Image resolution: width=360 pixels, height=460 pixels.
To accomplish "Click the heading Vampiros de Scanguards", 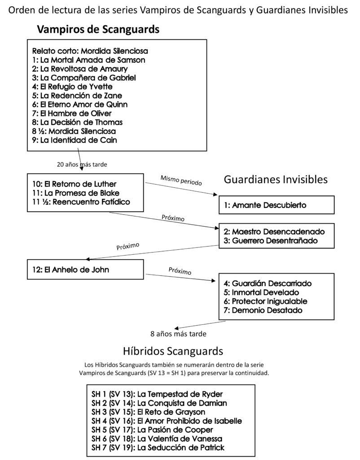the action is [98, 29].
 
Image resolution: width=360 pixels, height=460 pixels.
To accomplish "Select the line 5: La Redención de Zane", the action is [77, 96].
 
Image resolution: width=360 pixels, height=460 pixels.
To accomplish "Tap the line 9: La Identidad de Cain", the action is [75, 140].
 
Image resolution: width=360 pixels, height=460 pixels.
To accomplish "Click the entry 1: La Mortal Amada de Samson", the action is [88, 60].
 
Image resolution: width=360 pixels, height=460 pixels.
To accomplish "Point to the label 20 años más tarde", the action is [82, 164].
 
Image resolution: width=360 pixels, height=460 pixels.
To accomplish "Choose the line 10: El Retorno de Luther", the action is [75, 184].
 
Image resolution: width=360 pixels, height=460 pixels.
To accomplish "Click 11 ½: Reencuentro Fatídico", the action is [81, 202].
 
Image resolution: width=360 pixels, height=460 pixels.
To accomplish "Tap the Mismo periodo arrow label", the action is [181, 181].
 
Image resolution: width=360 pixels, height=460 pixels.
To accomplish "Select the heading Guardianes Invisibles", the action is [276, 179].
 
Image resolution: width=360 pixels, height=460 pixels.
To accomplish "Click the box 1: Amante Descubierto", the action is [277, 205].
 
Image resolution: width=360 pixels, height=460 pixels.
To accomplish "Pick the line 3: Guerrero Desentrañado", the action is [271, 241].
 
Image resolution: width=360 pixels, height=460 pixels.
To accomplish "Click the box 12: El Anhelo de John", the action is [85, 270].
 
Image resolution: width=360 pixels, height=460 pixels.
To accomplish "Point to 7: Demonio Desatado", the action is [263, 310].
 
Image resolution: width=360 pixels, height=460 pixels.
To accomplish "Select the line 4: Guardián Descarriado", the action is [268, 283].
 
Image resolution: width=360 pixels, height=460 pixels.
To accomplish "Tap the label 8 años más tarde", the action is [178, 334].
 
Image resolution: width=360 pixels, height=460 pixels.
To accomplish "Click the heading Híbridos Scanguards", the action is [173, 351].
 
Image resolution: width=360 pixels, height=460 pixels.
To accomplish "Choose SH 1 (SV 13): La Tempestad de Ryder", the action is [157, 394].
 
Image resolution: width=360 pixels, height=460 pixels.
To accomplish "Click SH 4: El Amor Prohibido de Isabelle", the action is [167, 421].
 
